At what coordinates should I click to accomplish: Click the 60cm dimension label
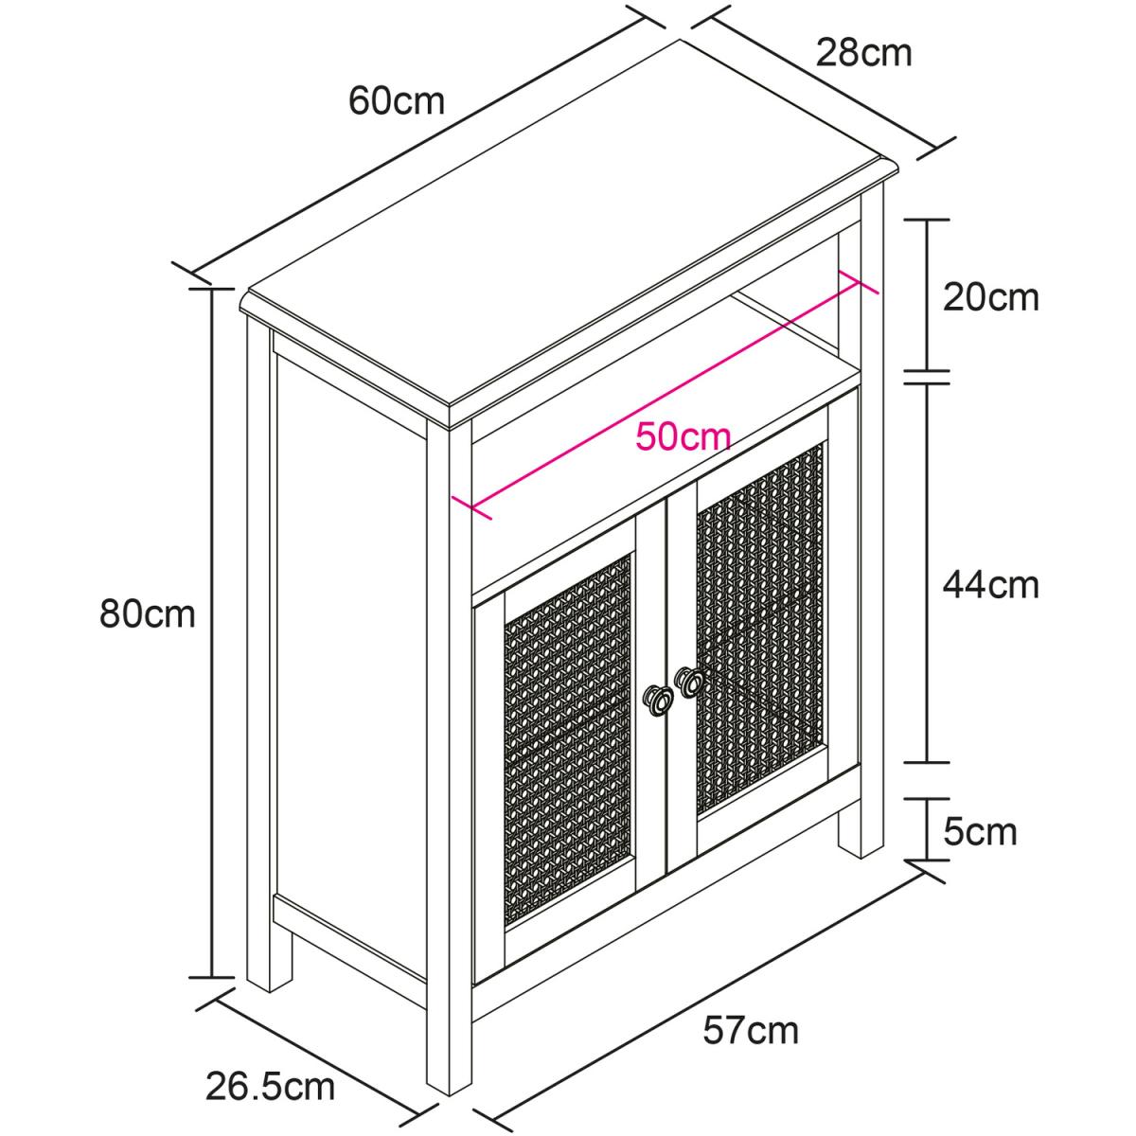point(397,100)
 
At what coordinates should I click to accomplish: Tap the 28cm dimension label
point(863,53)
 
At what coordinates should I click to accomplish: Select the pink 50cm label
point(683,437)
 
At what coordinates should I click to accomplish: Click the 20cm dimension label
point(991,297)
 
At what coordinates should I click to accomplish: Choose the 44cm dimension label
point(991,585)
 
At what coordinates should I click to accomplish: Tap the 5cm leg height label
point(981,832)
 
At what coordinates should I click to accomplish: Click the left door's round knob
point(657,700)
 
